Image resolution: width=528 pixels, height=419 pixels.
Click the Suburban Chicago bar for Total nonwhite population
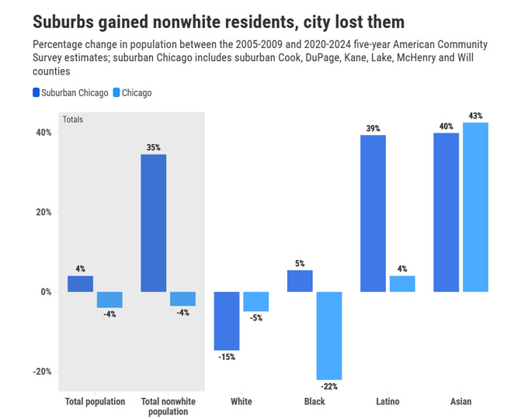[153, 223]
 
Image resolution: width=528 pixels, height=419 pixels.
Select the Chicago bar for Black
[329, 335]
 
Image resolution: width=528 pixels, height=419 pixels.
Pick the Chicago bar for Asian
[475, 206]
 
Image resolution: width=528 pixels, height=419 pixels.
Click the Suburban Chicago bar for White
[227, 320]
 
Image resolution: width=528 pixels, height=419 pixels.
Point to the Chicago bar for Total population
[109, 300]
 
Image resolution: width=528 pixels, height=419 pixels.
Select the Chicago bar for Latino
[402, 284]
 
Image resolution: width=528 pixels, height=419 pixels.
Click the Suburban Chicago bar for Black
[300, 281]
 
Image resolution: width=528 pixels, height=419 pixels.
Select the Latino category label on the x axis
[387, 402]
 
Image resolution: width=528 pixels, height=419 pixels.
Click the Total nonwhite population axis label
[168, 407]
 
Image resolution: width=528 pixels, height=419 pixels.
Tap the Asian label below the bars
[460, 402]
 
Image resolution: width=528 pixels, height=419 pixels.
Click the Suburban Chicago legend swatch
[36, 92]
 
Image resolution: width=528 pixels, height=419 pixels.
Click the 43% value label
[475, 116]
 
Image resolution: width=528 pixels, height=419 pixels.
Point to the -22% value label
[329, 386]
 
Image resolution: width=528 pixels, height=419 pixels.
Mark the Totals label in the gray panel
[72, 119]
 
